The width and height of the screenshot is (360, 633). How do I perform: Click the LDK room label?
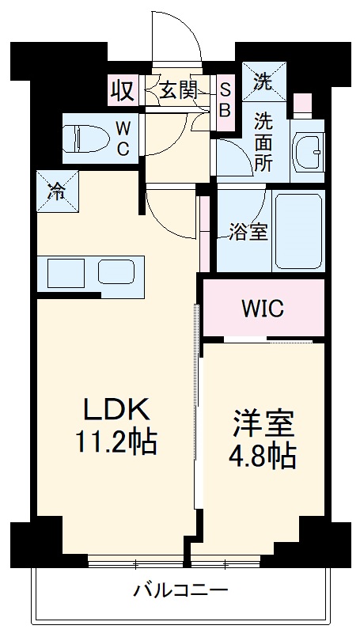116,411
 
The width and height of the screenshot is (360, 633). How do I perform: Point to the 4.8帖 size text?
263,456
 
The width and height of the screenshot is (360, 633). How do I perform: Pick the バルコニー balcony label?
180,590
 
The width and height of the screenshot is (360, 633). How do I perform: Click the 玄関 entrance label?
179,90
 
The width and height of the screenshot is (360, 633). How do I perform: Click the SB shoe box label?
224,100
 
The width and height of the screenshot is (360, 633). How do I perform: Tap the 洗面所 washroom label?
263,142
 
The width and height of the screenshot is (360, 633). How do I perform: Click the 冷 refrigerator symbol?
57,191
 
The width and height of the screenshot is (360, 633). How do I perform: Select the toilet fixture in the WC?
82,138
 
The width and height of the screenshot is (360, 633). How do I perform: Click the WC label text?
124,138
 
